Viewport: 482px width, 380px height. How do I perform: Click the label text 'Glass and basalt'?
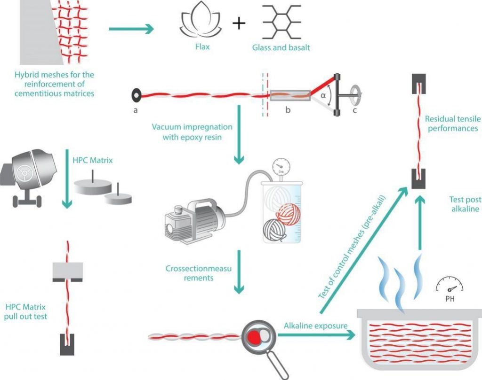(281, 47)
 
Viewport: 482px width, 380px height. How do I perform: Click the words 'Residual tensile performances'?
(451, 123)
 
